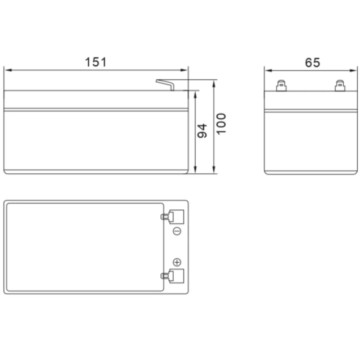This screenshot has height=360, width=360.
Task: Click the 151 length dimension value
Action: pos(96,62)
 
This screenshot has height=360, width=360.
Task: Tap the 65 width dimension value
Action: pos(312,62)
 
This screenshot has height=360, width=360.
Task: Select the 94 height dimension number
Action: pos(202,131)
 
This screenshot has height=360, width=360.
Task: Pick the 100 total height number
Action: pos(221,124)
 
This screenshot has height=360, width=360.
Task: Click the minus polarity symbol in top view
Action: pos(177,231)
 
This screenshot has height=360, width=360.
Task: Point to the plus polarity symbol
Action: pos(177,262)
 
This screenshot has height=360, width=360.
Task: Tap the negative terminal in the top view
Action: pos(173,217)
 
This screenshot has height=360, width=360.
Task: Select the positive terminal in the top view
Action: pos(173,276)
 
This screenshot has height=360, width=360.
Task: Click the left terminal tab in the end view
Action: pos(281,85)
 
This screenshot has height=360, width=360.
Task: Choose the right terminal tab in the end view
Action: pos(340,85)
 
